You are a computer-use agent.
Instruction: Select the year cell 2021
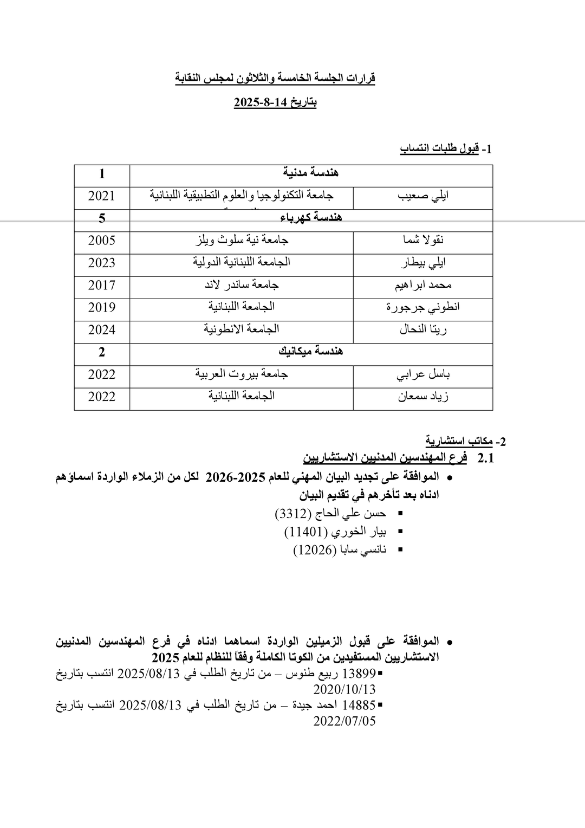[102, 196]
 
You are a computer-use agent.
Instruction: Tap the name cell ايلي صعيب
[422, 196]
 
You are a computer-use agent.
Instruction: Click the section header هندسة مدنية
[311, 173]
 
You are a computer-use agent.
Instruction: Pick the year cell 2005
[102, 240]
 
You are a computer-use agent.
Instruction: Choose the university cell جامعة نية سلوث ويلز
[242, 240]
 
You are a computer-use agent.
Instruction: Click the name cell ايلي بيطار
[422, 263]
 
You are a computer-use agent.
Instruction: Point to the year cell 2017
[102, 285]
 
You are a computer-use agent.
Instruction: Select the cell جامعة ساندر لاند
[242, 284]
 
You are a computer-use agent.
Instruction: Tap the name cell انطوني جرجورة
[422, 307]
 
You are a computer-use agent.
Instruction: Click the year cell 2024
[102, 329]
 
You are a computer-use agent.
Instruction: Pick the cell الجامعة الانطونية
[242, 329]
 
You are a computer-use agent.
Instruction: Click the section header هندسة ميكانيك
[311, 352]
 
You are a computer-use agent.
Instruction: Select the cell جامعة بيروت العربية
[242, 374]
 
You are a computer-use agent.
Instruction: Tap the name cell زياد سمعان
[422, 397]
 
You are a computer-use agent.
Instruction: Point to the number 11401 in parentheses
[304, 532]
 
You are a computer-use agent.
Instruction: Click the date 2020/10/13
[344, 689]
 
